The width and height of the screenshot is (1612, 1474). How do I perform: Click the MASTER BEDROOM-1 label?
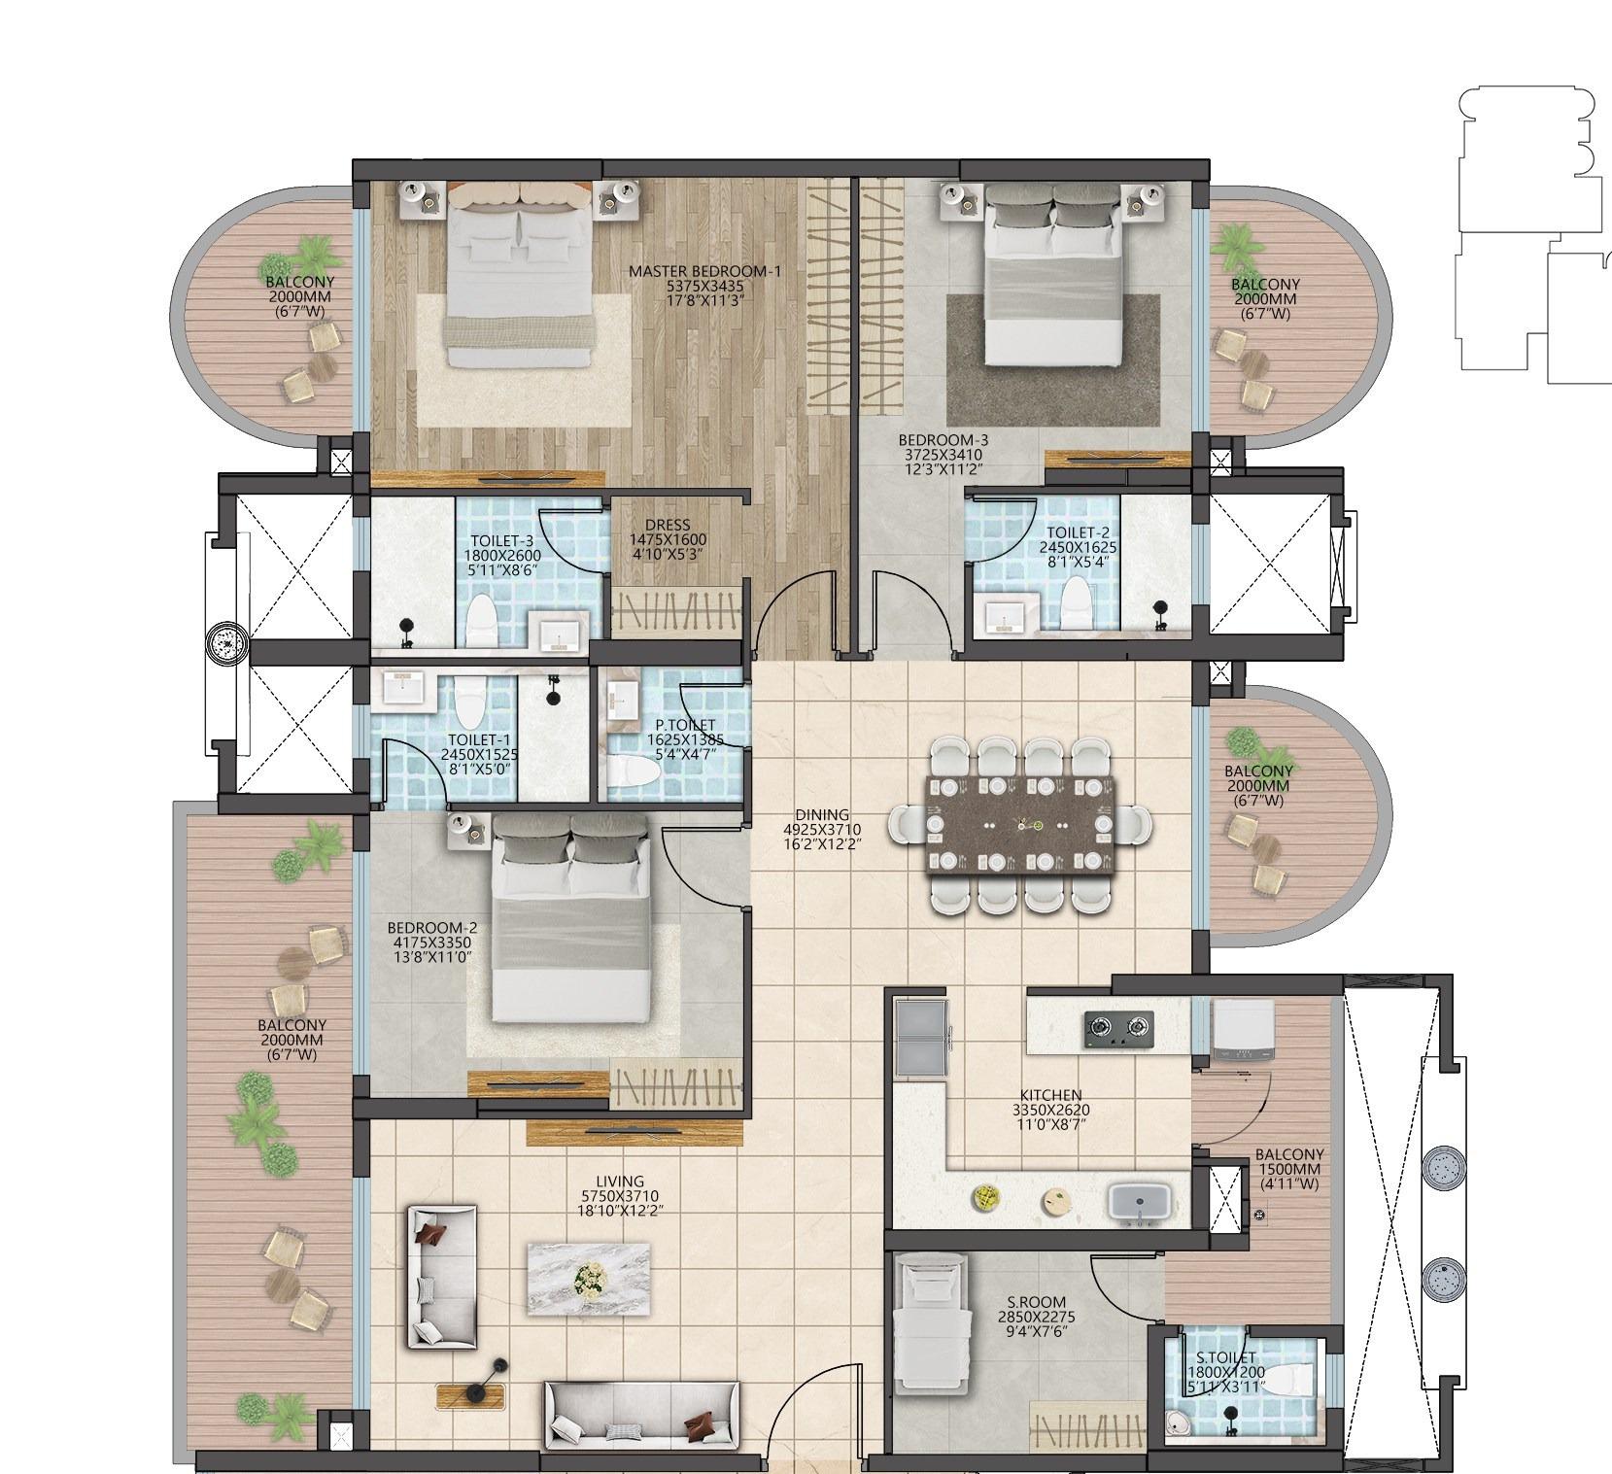point(704,272)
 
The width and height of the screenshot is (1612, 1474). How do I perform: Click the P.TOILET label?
point(685,726)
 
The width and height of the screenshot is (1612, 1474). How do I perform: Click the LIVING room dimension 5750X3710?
point(620,1197)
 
